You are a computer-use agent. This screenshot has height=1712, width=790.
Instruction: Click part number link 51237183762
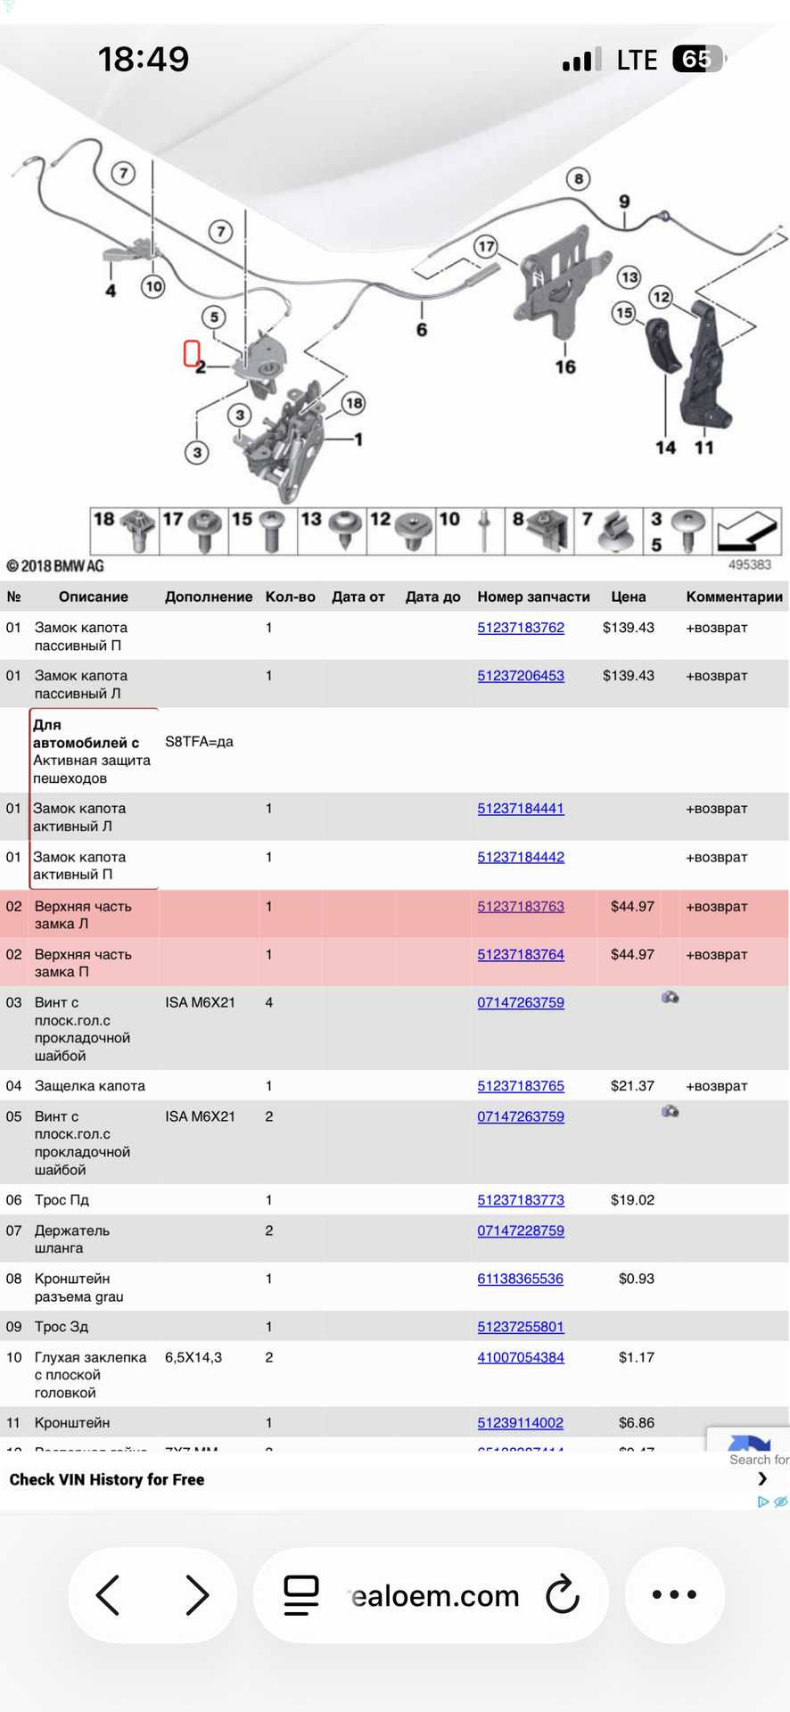(x=521, y=628)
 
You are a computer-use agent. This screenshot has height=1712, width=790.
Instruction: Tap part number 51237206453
(x=521, y=676)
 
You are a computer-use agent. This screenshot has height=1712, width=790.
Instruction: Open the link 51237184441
(x=521, y=809)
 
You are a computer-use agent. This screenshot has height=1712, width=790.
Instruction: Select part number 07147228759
(x=521, y=1230)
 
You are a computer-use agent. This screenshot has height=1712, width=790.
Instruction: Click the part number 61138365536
(x=520, y=1279)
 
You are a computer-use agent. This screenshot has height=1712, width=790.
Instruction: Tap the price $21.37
(x=632, y=1086)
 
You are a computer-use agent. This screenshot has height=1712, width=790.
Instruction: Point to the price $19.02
(x=632, y=1200)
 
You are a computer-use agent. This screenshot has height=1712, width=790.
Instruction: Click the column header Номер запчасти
(x=533, y=597)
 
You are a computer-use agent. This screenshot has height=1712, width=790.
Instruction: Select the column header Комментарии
(x=734, y=597)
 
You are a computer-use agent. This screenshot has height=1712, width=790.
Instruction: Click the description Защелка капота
(x=90, y=1086)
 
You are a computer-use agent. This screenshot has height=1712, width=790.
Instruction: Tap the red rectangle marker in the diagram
(x=191, y=354)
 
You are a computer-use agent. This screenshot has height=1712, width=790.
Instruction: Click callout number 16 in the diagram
(x=565, y=366)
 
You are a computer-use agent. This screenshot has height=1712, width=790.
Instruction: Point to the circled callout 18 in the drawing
(x=354, y=403)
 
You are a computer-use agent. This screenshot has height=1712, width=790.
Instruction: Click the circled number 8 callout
(x=579, y=178)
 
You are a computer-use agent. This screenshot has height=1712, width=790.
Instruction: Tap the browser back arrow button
(x=108, y=1594)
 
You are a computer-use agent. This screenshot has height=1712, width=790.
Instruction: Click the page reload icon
(x=563, y=1594)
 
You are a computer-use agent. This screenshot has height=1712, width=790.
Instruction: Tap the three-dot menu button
(x=674, y=1594)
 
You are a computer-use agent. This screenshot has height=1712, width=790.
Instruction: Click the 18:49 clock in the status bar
(x=144, y=60)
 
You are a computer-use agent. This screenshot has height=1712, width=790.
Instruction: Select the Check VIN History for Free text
(x=107, y=1479)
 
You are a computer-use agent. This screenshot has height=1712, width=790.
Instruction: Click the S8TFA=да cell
(x=199, y=742)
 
